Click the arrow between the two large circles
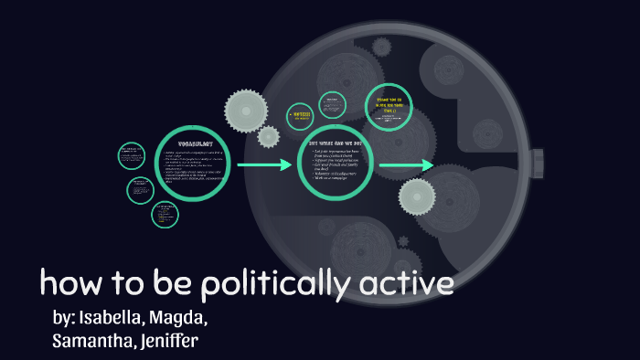tap(264, 165)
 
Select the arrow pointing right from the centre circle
tap(406, 165)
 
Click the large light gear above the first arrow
tap(245, 110)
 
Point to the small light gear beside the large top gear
tap(269, 137)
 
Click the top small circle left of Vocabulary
tap(132, 155)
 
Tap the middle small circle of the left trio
tap(140, 189)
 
